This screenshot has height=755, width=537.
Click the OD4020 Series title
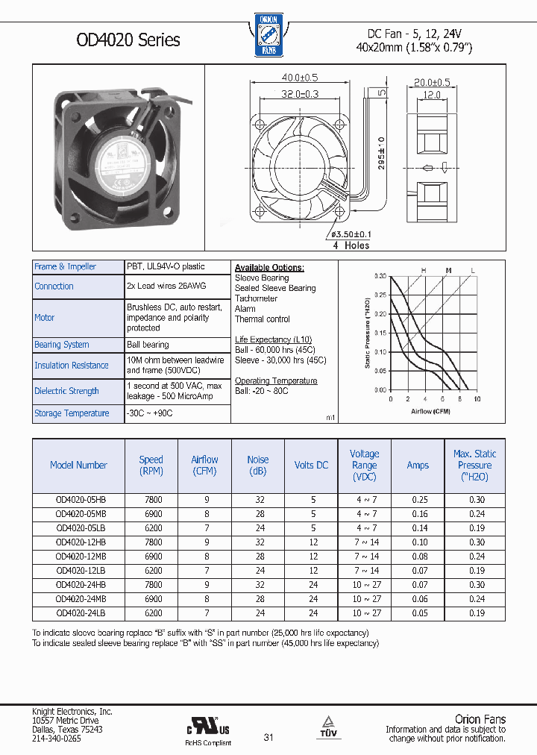point(128,40)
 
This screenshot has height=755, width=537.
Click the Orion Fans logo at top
point(267,35)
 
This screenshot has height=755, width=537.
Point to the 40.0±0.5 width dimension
point(300,78)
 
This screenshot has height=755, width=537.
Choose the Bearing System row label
point(62,345)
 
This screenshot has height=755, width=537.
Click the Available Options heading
point(269,267)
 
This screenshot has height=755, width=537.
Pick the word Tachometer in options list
point(256,298)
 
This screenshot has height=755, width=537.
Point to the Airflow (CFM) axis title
point(431,411)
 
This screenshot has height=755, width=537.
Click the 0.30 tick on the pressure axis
point(380,276)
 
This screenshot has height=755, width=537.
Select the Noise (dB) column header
point(258,465)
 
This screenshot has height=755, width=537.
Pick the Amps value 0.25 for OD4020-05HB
point(418,500)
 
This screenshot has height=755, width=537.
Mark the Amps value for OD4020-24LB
point(418,613)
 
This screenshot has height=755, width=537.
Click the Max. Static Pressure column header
point(474,465)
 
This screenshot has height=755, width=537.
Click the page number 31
point(268,738)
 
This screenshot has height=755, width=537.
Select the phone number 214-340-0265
point(57,738)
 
